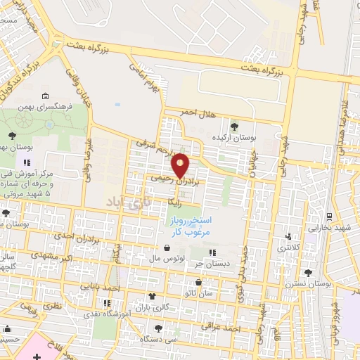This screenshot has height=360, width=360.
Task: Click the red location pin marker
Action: [x=181, y=165]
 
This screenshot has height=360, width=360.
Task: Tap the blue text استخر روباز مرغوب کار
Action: [x=191, y=225]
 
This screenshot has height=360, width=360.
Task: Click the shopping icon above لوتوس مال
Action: [x=167, y=247]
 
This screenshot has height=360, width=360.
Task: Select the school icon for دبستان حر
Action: [x=213, y=252]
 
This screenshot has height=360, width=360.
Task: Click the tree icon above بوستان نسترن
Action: [x=307, y=274]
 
